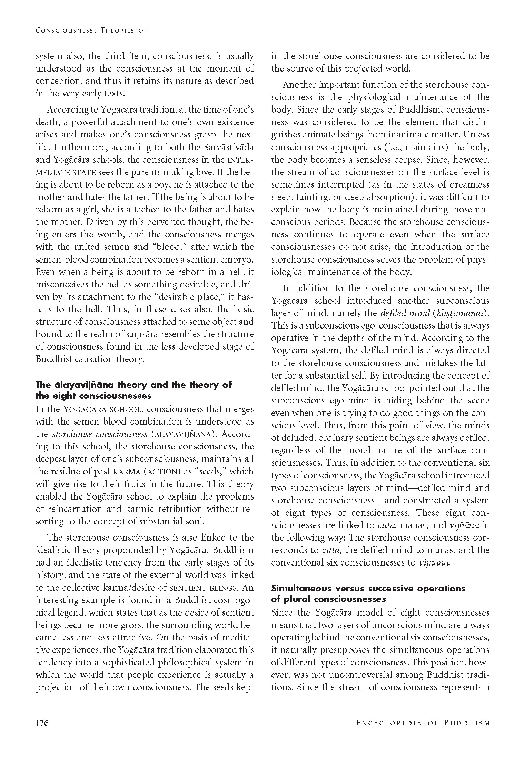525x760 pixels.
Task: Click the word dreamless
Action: click(x=468, y=185)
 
